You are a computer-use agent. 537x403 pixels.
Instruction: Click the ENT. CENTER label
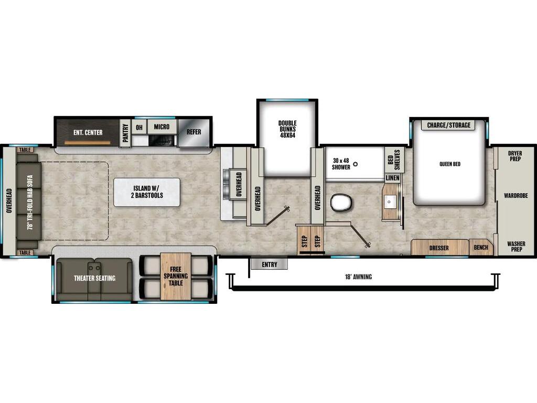pyautogui.click(x=88, y=132)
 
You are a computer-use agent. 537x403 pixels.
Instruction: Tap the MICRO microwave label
pyautogui.click(x=162, y=127)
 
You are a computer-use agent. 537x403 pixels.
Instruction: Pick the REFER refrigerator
pyautogui.click(x=194, y=132)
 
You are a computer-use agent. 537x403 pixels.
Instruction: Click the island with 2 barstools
pyautogui.click(x=147, y=192)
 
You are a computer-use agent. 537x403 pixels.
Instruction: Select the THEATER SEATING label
pyautogui.click(x=94, y=278)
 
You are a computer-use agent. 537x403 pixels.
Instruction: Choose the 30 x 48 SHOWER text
pyautogui.click(x=341, y=164)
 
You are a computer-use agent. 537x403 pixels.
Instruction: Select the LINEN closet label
pyautogui.click(x=393, y=178)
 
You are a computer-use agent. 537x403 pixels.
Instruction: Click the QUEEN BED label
pyautogui.click(x=449, y=164)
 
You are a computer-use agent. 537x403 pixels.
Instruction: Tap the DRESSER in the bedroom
pyautogui.click(x=439, y=248)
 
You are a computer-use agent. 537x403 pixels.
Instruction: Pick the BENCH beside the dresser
pyautogui.click(x=481, y=247)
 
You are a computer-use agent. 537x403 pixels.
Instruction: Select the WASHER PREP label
pyautogui.click(x=515, y=246)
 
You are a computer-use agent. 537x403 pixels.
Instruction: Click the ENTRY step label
pyautogui.click(x=269, y=264)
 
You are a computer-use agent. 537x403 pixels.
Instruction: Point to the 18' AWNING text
pyautogui.click(x=359, y=277)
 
